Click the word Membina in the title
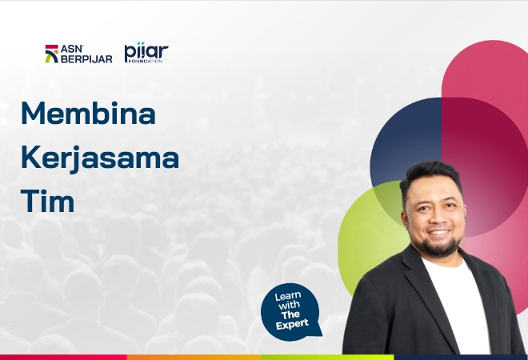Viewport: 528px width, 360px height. (88, 113)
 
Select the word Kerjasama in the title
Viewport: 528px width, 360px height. (100, 158)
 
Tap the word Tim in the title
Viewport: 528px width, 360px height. (47, 201)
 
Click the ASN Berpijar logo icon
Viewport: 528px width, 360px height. (51, 54)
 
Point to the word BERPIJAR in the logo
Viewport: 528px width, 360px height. (86, 59)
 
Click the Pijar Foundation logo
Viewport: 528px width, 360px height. (146, 53)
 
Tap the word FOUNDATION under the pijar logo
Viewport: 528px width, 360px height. (146, 61)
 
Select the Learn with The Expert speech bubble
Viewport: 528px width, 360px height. (291, 312)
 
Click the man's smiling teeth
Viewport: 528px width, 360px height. (438, 233)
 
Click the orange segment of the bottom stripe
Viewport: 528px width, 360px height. (194, 357)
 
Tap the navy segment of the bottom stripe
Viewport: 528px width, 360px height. (461, 357)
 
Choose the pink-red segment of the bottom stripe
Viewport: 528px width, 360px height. (63, 357)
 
